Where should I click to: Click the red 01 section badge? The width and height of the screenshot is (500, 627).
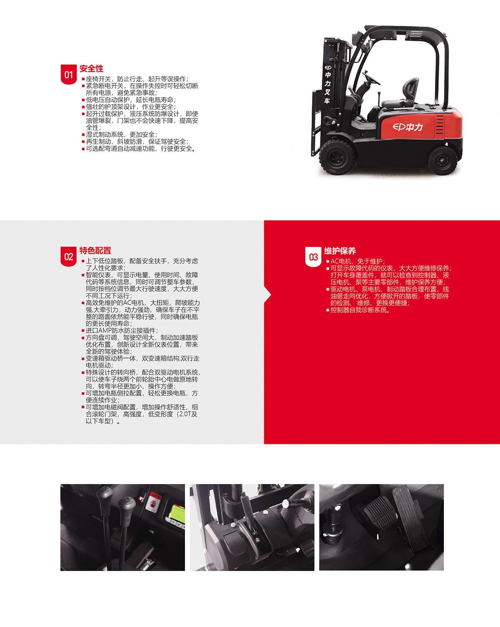pyautogui.click(x=68, y=75)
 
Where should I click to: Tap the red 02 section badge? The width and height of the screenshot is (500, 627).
pyautogui.click(x=68, y=257)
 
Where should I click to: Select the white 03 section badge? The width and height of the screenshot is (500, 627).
pyautogui.click(x=313, y=257)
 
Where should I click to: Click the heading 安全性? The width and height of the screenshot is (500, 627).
pyautogui.click(x=91, y=68)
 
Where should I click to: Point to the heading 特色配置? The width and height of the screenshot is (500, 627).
pyautogui.click(x=95, y=250)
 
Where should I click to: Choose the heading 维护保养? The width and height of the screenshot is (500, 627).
pyautogui.click(x=340, y=251)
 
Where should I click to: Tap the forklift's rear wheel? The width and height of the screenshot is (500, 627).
pyautogui.click(x=442, y=160)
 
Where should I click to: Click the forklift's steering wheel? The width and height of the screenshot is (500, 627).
pyautogui.click(x=372, y=78)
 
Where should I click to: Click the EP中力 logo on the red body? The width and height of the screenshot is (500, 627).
pyautogui.click(x=407, y=127)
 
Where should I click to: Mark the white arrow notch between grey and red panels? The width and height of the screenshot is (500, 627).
pyautogui.click(x=267, y=295)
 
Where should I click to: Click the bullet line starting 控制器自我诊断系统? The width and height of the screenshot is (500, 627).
pyautogui.click(x=360, y=310)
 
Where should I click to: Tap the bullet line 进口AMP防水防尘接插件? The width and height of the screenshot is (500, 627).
pyautogui.click(x=122, y=330)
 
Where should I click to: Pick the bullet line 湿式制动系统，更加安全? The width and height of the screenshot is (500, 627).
pyautogui.click(x=121, y=135)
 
